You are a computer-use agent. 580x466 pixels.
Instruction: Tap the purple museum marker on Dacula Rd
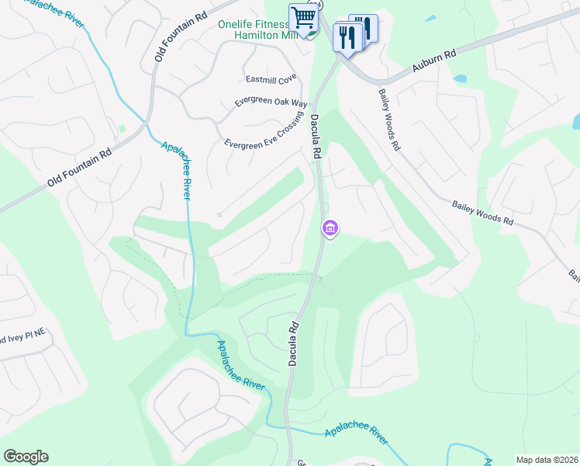pyautogui.click(x=330, y=228)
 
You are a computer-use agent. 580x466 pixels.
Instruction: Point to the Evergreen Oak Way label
pyautogui.click(x=271, y=103)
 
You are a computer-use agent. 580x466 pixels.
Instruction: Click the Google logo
pyautogui.click(x=26, y=457)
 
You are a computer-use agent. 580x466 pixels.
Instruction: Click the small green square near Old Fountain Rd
pyautogui.click(x=121, y=128)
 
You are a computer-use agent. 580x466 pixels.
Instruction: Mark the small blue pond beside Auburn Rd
pyautogui.click(x=460, y=79)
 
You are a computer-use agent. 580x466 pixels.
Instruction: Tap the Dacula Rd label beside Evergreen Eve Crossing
pyautogui.click(x=316, y=137)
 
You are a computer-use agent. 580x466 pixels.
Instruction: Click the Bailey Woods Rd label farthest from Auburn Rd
pyautogui.click(x=483, y=211)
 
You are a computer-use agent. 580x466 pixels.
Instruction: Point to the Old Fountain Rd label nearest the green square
pyautogui.click(x=79, y=168)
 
